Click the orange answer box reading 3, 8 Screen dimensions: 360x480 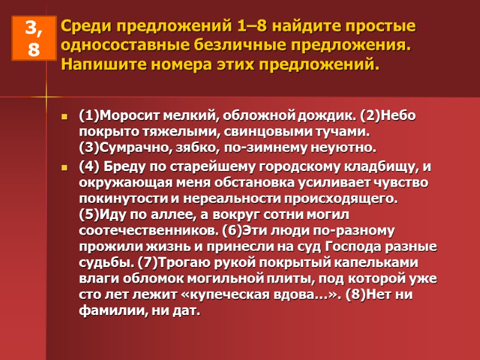pyautogui.click(x=33, y=38)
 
